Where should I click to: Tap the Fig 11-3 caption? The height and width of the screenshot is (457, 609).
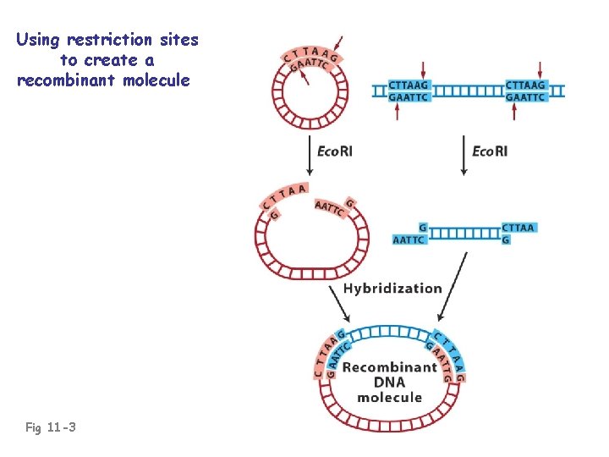point(51,428)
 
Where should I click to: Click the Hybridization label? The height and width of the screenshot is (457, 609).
point(392,289)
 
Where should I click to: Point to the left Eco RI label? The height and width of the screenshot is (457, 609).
point(335,151)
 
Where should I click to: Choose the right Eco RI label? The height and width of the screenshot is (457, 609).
point(490,151)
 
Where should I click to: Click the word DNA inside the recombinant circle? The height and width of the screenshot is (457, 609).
point(389,383)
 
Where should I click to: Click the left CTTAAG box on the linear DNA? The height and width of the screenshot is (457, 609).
point(409,85)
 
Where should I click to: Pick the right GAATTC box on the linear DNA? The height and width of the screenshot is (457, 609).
point(525,97)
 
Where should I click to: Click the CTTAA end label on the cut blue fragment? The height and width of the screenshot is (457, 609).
point(518,228)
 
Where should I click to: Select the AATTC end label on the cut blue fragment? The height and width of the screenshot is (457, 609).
point(409,240)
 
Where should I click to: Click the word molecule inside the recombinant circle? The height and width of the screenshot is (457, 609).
point(389,398)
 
